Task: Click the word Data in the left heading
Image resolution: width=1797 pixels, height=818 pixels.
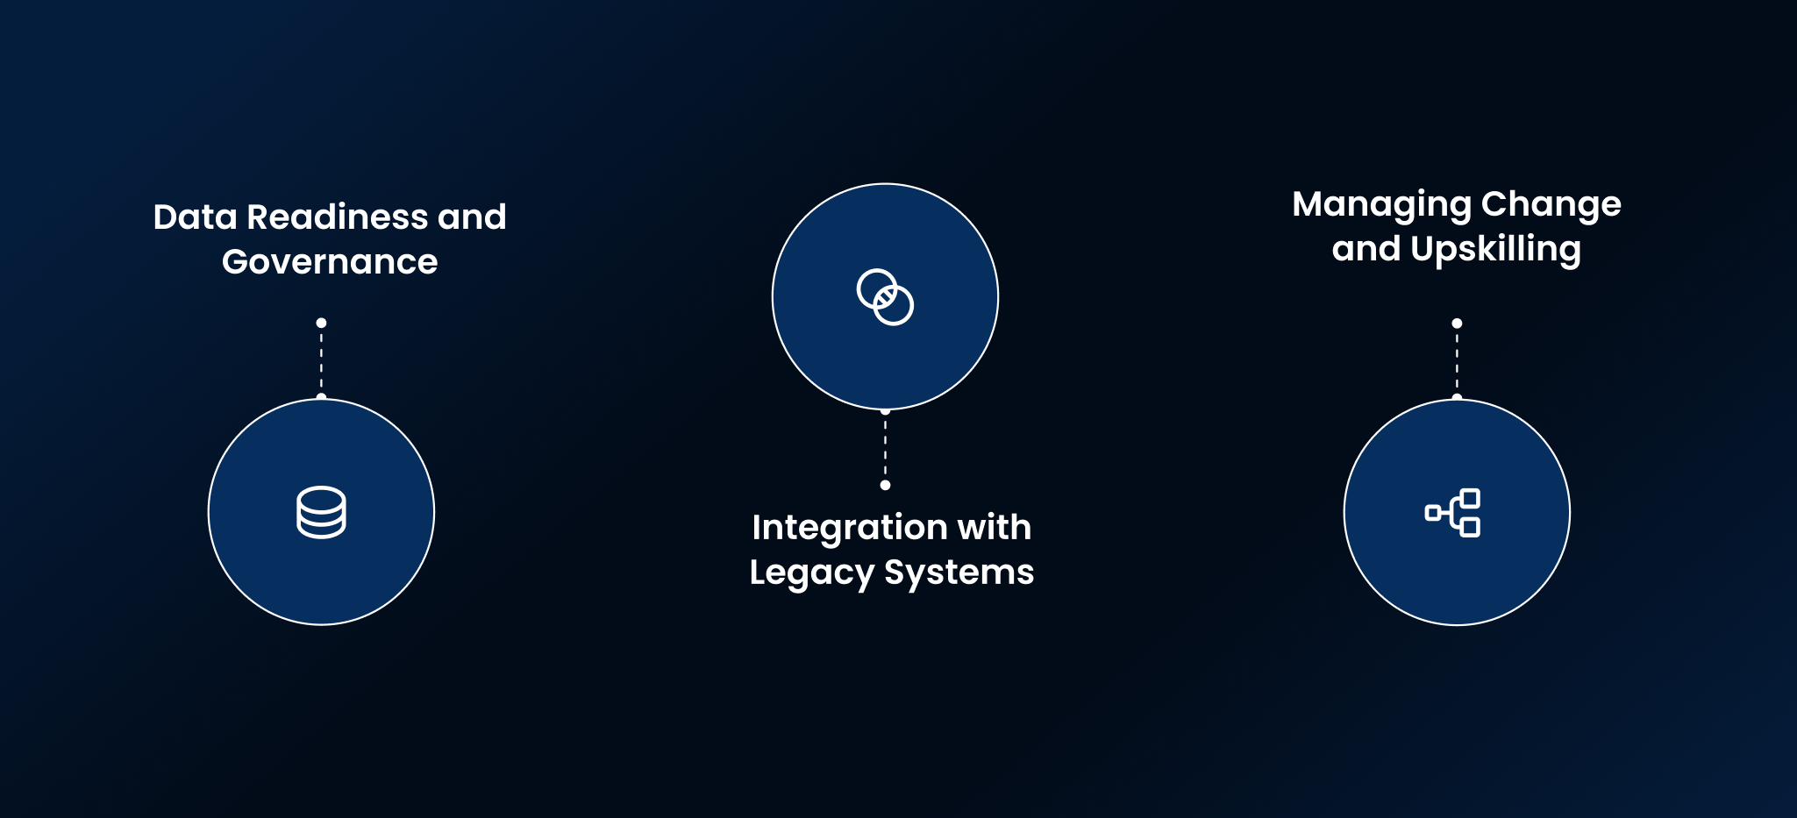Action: point(195,217)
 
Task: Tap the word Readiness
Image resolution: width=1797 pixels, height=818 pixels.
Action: point(338,217)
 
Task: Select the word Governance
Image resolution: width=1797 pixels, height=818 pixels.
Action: point(330,261)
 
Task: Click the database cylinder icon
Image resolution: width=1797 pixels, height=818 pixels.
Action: point(321,512)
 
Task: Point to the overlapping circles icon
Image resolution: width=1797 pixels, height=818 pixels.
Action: point(885,297)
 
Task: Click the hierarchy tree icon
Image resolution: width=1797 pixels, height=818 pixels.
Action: point(1453,513)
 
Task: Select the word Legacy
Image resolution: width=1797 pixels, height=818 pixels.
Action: point(811,573)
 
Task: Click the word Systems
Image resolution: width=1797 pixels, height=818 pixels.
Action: point(959,573)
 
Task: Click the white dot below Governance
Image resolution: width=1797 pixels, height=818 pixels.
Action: point(321,323)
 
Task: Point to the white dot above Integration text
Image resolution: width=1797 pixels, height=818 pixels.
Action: point(885,485)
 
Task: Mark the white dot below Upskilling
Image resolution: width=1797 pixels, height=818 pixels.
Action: point(1457,324)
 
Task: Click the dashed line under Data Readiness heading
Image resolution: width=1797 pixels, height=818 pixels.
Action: point(321,360)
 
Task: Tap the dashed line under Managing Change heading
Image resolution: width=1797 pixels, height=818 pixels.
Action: point(1457,360)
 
